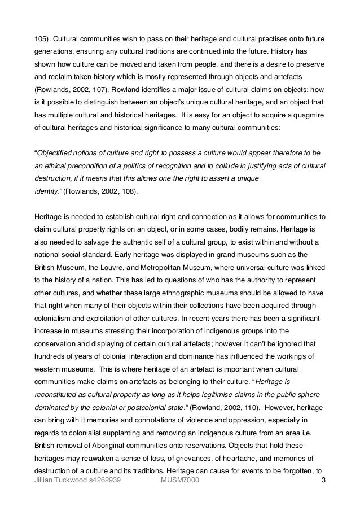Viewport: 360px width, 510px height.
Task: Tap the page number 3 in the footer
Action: tap(323, 480)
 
